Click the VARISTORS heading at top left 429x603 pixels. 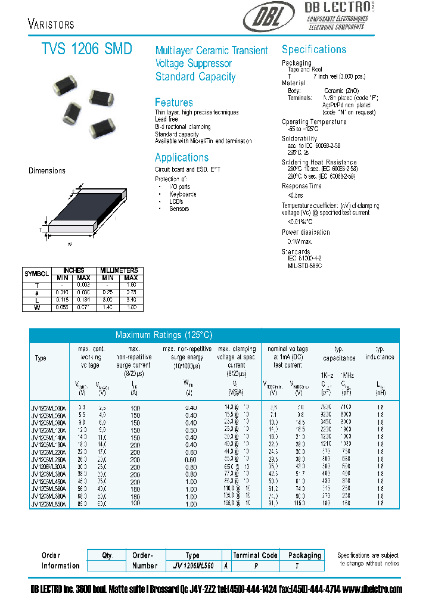51,24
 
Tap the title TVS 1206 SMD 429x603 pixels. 87,49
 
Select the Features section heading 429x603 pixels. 173,102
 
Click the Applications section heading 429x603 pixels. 182,158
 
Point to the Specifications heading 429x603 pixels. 313,49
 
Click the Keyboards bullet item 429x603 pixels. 182,194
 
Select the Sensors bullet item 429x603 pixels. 179,209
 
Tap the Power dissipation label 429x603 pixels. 306,232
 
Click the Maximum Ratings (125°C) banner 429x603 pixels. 164,335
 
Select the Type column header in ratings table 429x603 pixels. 41,358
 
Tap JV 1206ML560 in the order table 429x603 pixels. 192,565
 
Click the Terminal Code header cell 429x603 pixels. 255,555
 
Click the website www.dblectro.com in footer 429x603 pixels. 373,589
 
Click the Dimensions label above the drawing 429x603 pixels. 47,171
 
